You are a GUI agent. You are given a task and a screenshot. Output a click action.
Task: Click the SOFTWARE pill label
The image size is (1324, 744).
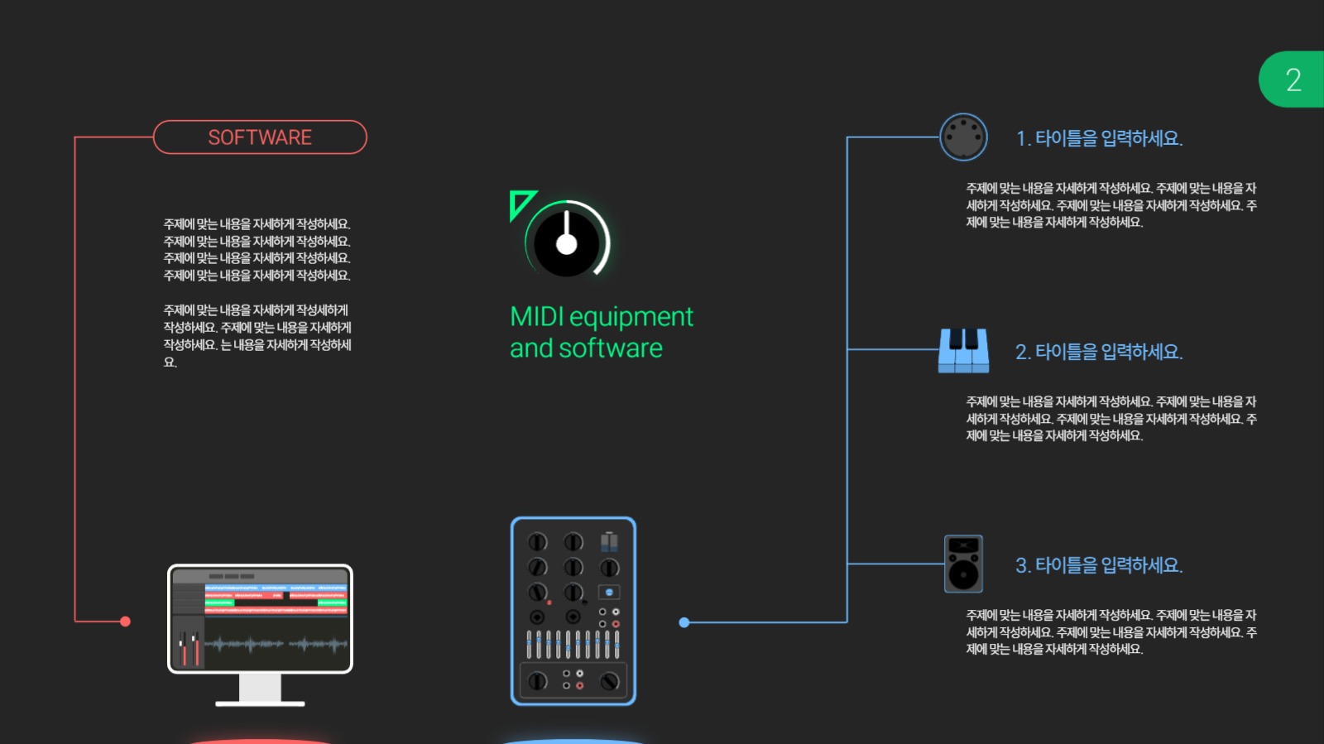[260, 137]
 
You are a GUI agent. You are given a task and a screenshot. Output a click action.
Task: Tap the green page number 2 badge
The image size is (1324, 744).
[1292, 79]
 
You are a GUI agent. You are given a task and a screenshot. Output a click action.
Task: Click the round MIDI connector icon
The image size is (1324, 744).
[963, 137]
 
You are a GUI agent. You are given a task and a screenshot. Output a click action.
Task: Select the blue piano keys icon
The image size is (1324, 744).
[963, 350]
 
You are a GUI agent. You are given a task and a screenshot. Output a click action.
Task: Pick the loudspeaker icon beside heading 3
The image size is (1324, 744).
[963, 564]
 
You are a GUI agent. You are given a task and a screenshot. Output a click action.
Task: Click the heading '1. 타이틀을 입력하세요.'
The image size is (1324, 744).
[1099, 138]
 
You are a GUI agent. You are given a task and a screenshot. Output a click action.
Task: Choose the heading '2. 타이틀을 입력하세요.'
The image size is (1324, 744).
[1099, 352]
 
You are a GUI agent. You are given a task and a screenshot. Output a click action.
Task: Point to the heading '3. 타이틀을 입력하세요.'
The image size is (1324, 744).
[1099, 565]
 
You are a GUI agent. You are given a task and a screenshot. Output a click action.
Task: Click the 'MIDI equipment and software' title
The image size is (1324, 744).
[601, 332]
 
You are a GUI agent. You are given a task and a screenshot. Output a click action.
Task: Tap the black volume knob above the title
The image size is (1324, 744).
[567, 242]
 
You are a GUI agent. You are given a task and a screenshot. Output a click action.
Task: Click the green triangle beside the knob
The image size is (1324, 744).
[520, 203]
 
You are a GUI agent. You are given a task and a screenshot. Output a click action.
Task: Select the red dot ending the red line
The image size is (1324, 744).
[125, 622]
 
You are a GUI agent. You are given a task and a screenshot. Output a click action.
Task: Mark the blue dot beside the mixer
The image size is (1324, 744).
[684, 622]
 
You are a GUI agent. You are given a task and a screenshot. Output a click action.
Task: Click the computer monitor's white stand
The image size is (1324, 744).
[260, 689]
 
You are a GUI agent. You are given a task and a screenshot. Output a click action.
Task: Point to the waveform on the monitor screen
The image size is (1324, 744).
[276, 644]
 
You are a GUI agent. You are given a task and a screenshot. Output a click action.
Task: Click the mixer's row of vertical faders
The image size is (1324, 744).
[573, 644]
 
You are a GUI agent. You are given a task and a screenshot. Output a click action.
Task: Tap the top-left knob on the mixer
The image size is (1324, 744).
[537, 542]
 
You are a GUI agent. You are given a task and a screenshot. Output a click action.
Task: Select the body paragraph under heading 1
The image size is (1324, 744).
[1111, 205]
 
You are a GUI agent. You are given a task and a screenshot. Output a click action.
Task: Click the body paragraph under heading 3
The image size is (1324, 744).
[1111, 632]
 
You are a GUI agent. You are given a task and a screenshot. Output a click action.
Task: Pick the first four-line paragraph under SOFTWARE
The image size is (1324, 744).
[257, 249]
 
